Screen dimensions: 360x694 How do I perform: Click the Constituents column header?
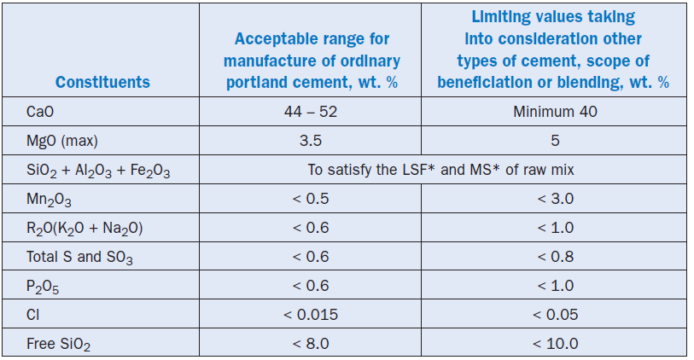[x=102, y=83]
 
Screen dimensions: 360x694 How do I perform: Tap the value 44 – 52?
[x=310, y=112]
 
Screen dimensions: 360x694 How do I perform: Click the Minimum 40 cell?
[x=555, y=112]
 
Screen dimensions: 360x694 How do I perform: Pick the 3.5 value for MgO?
[x=310, y=141]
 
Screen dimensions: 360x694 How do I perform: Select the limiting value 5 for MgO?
[x=555, y=141]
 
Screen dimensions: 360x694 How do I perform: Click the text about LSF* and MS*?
[x=440, y=170]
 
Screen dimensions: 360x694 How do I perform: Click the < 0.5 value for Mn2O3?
[x=310, y=199]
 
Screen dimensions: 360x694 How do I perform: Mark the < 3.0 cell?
[x=555, y=199]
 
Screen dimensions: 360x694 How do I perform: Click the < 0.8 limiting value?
[x=555, y=257]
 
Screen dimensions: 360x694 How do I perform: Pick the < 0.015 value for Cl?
[x=310, y=315]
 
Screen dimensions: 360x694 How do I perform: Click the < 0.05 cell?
[x=555, y=315]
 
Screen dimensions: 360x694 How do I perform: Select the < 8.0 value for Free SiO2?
[x=310, y=344]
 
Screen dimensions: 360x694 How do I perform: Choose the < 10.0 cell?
[x=555, y=344]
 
